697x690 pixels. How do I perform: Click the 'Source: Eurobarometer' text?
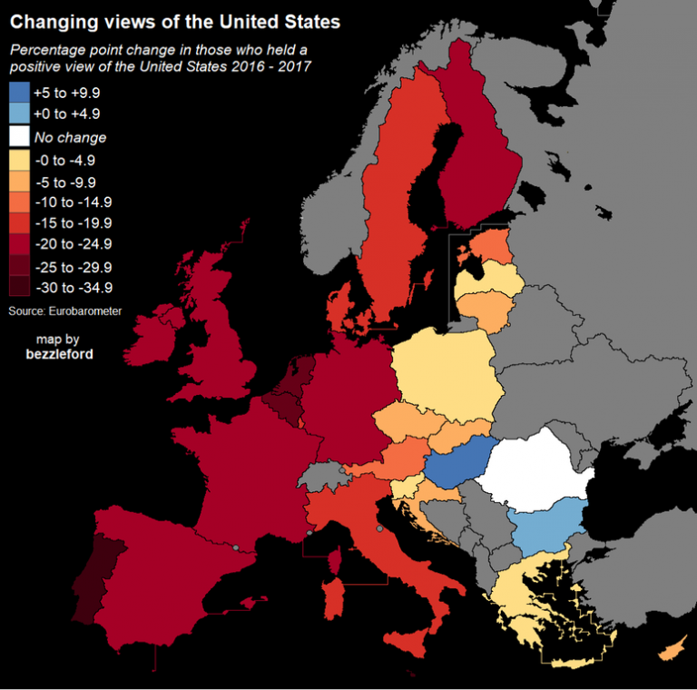65,311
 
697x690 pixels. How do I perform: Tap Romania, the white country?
535,468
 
